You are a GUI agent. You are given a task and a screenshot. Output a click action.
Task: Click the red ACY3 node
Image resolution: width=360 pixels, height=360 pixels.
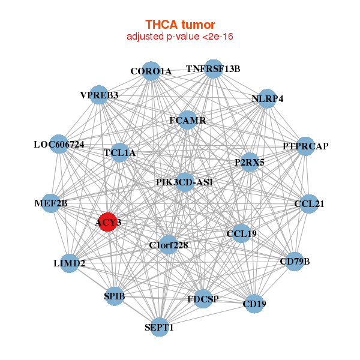pyautogui.click(x=108, y=222)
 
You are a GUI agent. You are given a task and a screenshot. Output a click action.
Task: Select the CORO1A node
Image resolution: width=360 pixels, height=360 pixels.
pyautogui.click(x=151, y=71)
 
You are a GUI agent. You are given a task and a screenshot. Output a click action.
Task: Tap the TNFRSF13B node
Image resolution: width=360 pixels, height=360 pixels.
pyautogui.click(x=213, y=68)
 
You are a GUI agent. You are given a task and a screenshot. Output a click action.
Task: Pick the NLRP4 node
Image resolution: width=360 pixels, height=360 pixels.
pyautogui.click(x=267, y=99)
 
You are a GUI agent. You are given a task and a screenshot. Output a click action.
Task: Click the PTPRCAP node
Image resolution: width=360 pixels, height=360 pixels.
pyautogui.click(x=305, y=146)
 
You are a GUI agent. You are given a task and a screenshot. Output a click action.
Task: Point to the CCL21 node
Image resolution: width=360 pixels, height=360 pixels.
pyautogui.click(x=310, y=204)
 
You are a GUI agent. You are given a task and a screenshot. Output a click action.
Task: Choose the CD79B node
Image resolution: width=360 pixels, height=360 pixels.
pyautogui.click(x=294, y=261)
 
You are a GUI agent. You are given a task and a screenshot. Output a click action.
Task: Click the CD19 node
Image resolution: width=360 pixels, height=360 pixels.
pyautogui.click(x=254, y=304)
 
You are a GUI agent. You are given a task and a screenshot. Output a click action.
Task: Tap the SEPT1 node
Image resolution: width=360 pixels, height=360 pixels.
pyautogui.click(x=159, y=327)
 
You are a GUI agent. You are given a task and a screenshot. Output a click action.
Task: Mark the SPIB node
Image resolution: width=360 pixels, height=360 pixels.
pyautogui.click(x=115, y=296)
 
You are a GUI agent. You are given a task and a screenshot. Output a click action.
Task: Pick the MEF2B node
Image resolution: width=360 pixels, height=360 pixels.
pyautogui.click(x=52, y=204)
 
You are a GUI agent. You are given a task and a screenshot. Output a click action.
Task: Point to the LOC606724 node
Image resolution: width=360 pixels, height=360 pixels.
pyautogui.click(x=59, y=145)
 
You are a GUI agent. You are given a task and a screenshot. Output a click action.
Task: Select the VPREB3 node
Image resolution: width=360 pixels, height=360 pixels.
pyautogui.click(x=100, y=95)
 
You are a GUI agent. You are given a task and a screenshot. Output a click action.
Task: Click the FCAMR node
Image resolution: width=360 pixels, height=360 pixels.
pyautogui.click(x=188, y=120)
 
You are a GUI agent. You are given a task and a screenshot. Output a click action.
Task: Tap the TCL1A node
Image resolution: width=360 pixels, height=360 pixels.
pyautogui.click(x=120, y=153)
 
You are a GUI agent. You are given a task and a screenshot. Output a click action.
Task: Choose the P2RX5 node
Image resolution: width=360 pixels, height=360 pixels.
pyautogui.click(x=250, y=162)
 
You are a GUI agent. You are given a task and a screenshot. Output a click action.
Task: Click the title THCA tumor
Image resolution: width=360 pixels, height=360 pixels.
pyautogui.click(x=180, y=25)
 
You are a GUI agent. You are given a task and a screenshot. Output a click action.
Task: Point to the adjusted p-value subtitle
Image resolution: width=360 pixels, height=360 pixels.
pyautogui.click(x=180, y=37)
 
